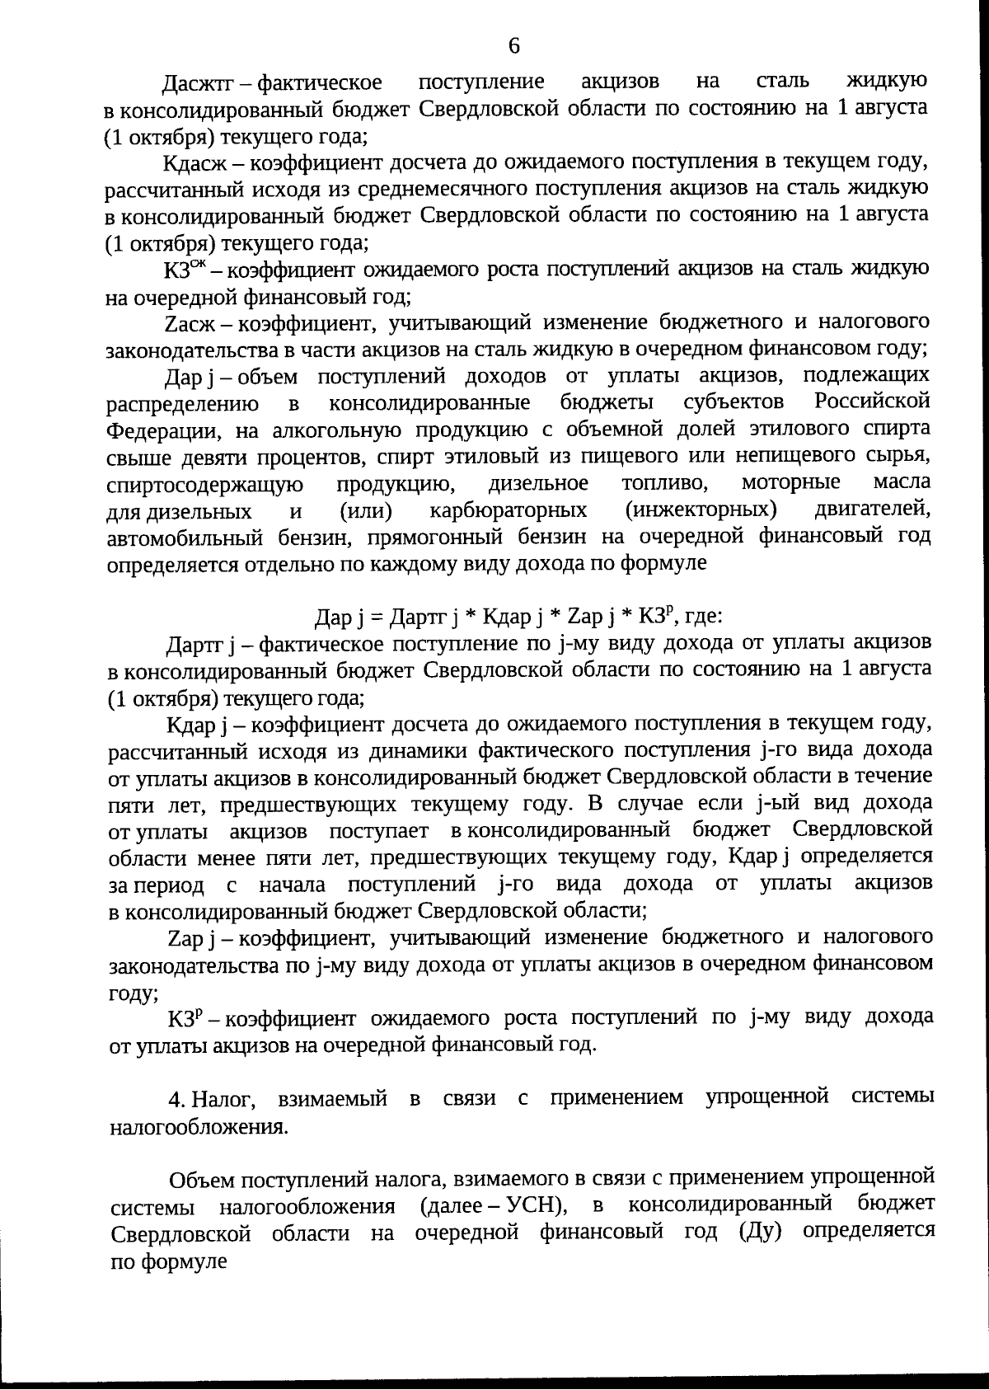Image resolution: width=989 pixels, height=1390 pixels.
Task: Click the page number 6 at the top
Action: pyautogui.click(x=513, y=46)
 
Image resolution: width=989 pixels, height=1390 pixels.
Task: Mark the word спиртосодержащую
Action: pyautogui.click(x=205, y=484)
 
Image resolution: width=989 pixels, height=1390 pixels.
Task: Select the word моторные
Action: pyautogui.click(x=791, y=482)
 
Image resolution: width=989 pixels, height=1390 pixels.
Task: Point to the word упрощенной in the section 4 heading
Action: pyautogui.click(x=767, y=1098)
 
